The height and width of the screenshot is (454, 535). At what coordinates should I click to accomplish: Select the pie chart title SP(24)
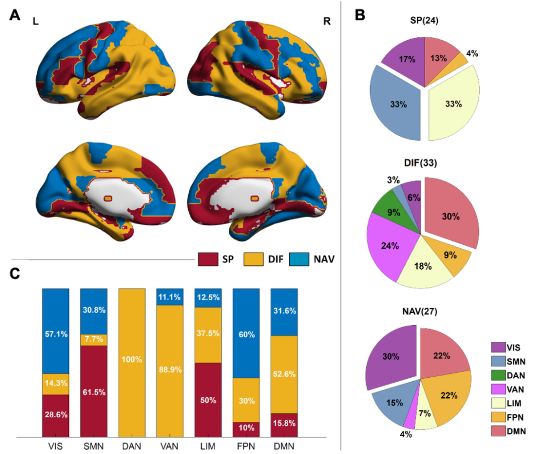point(424,21)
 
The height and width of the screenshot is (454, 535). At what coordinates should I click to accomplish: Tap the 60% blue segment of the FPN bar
point(246,334)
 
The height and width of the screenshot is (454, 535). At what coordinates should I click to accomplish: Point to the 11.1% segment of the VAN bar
point(170,297)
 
